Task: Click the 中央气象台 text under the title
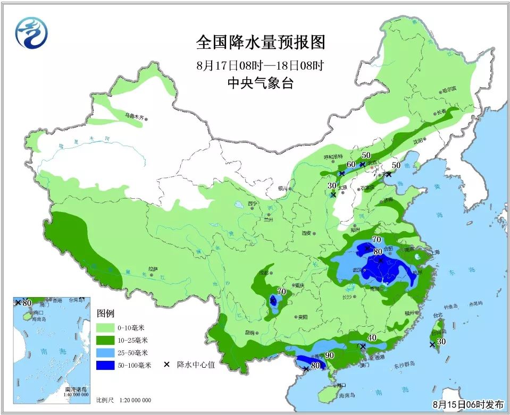(260, 83)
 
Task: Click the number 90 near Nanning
(329, 355)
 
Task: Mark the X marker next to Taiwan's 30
(432, 345)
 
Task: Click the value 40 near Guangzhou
(372, 338)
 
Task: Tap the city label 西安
(306, 233)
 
